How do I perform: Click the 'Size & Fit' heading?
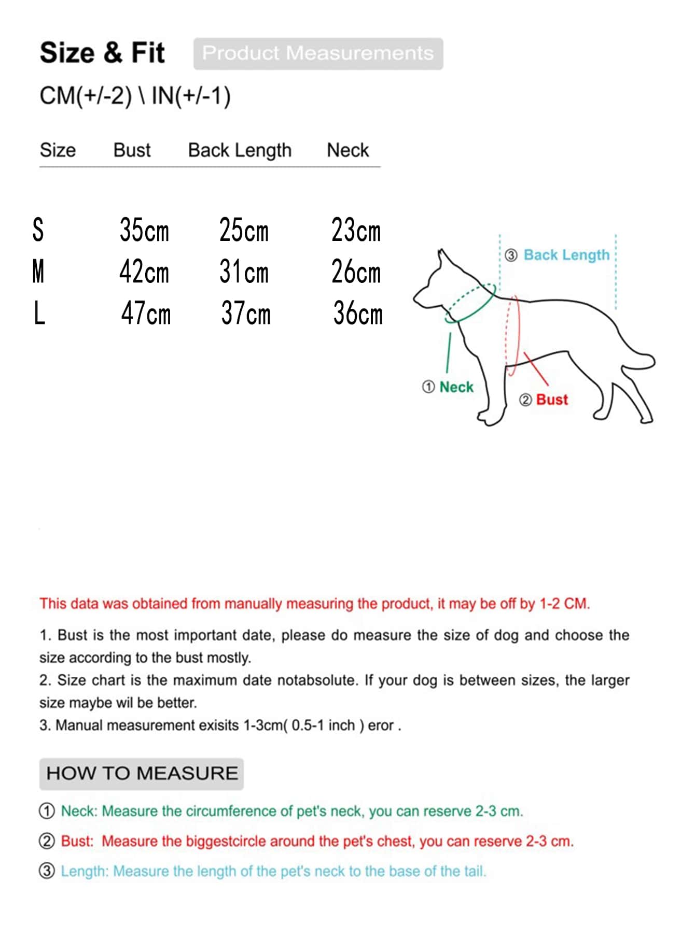102,53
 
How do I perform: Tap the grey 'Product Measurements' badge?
318,53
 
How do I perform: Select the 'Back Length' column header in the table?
240,150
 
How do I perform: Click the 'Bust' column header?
132,150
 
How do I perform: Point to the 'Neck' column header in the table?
347,150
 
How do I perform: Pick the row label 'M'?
38,272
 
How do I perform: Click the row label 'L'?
39,314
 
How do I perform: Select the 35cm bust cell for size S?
144,230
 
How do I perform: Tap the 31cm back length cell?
244,272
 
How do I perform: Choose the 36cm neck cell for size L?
358,314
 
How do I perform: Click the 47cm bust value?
146,314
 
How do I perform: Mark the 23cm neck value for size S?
356,230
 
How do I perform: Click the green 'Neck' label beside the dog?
456,387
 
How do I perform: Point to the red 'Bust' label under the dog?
552,400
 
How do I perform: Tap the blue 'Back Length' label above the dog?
566,255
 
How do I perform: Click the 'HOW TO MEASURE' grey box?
142,774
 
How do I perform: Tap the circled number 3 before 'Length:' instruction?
47,871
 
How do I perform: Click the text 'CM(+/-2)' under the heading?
86,96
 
